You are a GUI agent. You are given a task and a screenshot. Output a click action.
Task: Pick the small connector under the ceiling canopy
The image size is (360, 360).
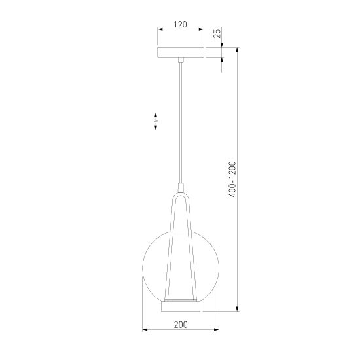(180, 61)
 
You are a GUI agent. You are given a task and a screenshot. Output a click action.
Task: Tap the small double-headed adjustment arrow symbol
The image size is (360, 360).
(156, 122)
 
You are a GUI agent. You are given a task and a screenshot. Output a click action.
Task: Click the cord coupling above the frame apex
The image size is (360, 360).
(180, 187)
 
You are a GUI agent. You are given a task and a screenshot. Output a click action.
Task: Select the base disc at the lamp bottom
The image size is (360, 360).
(180, 305)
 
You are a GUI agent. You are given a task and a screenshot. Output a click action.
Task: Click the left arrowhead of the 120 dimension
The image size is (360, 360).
(159, 30)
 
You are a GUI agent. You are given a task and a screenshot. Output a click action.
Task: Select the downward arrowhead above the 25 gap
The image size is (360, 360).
(223, 45)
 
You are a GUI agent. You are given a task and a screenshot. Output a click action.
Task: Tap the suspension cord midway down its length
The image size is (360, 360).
(180, 124)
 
